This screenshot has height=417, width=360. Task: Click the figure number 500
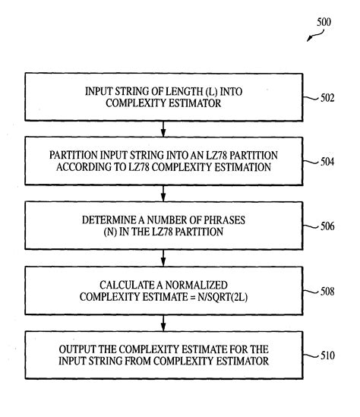point(324,22)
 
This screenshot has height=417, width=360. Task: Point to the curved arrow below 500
point(316,36)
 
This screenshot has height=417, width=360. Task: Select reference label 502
point(327,98)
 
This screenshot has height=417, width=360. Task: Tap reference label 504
point(327,162)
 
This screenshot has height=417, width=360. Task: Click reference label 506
point(327,226)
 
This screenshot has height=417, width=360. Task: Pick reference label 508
point(327,292)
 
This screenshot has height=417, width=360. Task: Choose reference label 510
point(327,355)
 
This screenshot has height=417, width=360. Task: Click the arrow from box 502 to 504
point(163,129)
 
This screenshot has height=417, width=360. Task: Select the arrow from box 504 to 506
point(163,194)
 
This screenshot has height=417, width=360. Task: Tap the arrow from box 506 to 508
point(163,258)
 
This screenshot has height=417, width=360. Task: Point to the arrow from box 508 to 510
point(163,323)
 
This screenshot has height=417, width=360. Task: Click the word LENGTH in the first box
point(185,91)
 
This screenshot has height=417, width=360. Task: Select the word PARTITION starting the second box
point(74,155)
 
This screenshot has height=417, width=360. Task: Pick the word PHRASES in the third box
point(224,220)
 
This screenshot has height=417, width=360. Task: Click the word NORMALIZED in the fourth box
point(196,285)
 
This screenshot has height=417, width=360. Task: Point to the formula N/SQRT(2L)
point(223,297)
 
